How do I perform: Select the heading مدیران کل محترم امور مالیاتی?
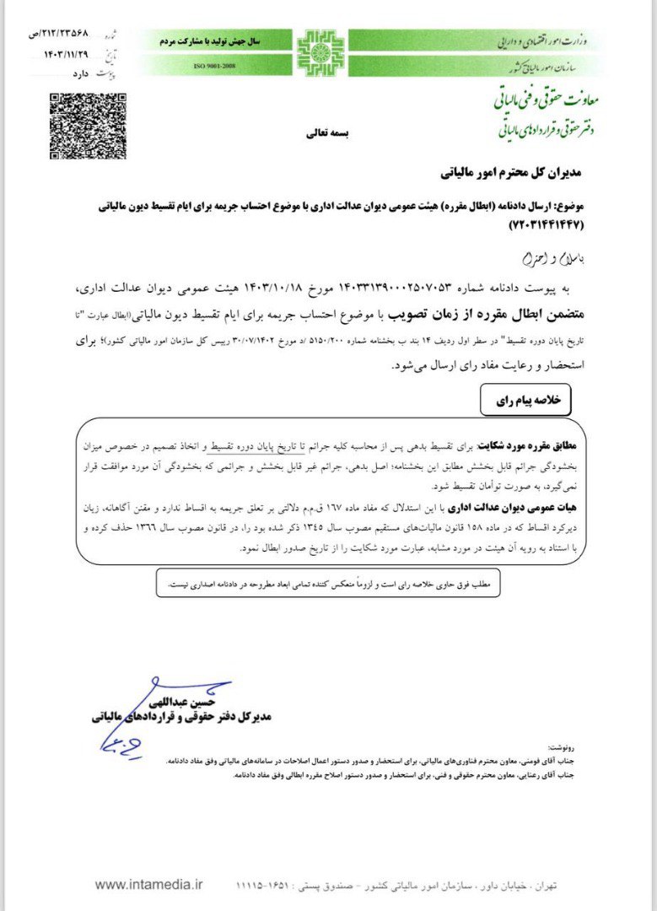tap(512, 174)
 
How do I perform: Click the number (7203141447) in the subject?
tap(546, 226)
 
